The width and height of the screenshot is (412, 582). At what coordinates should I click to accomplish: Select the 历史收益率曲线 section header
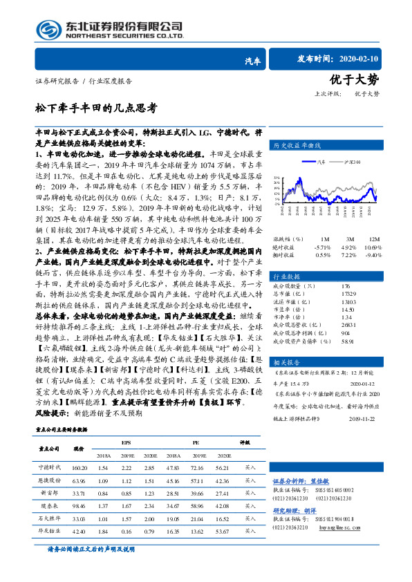298,146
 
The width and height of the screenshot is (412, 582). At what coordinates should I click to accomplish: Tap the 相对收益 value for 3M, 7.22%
348,254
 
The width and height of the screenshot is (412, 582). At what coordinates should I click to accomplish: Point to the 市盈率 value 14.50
348,310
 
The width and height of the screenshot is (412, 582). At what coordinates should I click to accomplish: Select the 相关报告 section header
288,362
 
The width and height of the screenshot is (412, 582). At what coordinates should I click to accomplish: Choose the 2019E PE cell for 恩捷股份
198,480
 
